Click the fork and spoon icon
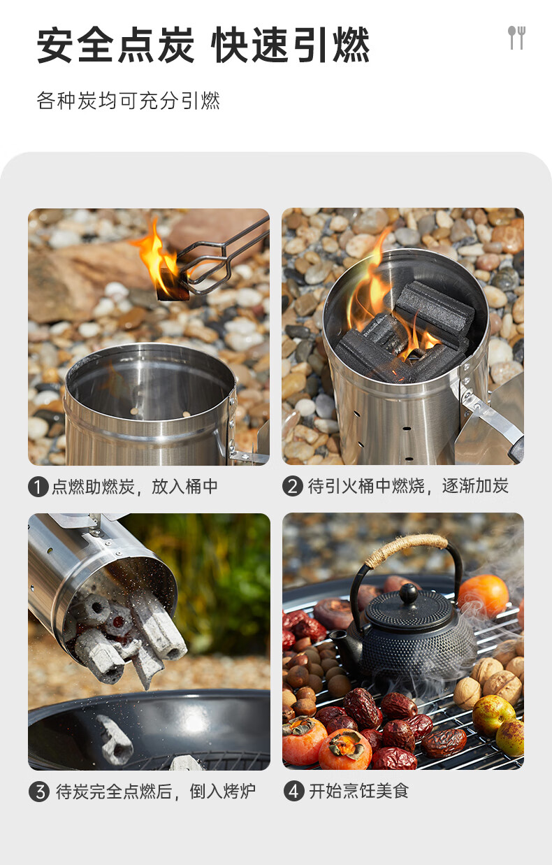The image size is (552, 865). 516,38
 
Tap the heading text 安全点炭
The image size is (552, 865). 115,45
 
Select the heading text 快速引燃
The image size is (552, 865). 291,45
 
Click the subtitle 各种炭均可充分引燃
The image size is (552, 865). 128,101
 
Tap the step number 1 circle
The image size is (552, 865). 38,487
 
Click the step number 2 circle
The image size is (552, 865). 292,486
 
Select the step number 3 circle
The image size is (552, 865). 39,792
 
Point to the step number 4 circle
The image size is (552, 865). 294,792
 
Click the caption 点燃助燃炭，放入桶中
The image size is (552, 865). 135,487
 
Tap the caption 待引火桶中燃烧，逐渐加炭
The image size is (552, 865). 408,486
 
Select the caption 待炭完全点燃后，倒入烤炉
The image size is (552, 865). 156,792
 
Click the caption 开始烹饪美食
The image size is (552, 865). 358,792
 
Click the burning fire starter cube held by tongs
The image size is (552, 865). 172,285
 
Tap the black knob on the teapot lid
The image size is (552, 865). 408,593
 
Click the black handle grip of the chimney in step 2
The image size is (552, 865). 517,449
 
